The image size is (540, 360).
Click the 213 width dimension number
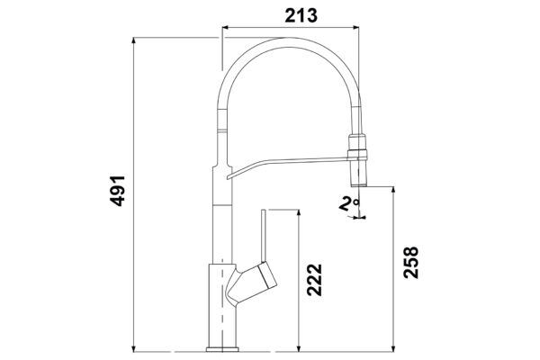(x=301, y=15)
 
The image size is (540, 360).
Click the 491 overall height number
(x=117, y=191)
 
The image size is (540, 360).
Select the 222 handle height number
(x=314, y=280)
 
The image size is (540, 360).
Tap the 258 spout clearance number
(x=411, y=262)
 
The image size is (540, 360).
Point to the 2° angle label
(x=349, y=203)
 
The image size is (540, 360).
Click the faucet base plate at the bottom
(x=222, y=349)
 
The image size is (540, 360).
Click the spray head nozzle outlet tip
(x=358, y=185)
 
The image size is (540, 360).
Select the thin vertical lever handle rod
(x=264, y=236)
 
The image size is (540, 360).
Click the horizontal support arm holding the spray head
(x=288, y=166)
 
